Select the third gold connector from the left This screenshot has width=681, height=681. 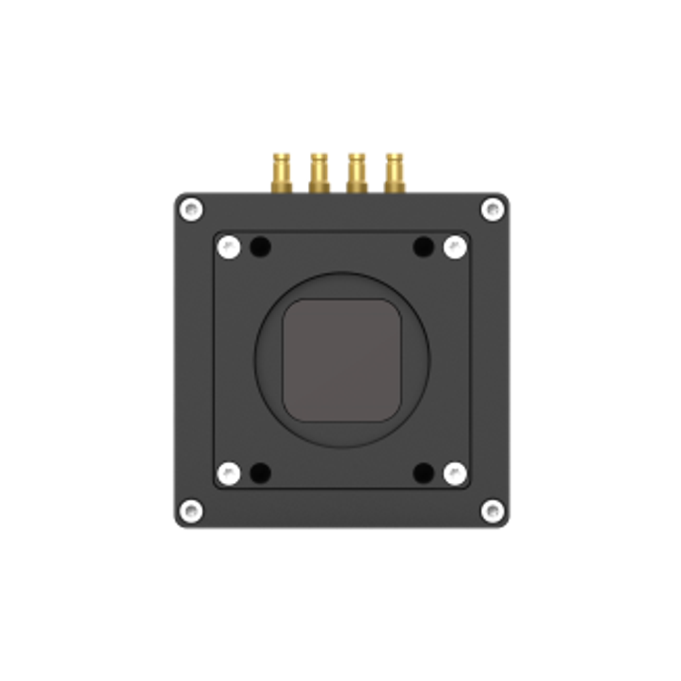pyautogui.click(x=356, y=171)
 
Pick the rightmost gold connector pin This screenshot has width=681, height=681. pyautogui.click(x=394, y=171)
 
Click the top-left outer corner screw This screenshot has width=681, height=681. pyautogui.click(x=191, y=209)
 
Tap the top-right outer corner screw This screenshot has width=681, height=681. pyautogui.click(x=492, y=209)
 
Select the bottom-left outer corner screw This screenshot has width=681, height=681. pyautogui.click(x=191, y=509)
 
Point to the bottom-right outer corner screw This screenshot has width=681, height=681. pyautogui.click(x=492, y=509)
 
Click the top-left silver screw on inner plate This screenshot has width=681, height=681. pyautogui.click(x=229, y=247)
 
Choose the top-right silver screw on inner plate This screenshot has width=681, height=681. pyautogui.click(x=455, y=247)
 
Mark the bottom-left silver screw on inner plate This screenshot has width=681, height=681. pyautogui.click(x=229, y=473)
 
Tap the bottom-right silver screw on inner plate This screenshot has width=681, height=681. pyautogui.click(x=455, y=473)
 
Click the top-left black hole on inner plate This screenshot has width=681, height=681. pyautogui.click(x=260, y=247)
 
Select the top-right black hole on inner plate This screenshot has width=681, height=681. pyautogui.click(x=424, y=247)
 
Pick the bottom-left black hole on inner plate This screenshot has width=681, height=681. pyautogui.click(x=260, y=473)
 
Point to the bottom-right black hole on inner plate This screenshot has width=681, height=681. pyautogui.click(x=424, y=473)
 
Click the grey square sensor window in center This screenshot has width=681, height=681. pyautogui.click(x=342, y=360)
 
